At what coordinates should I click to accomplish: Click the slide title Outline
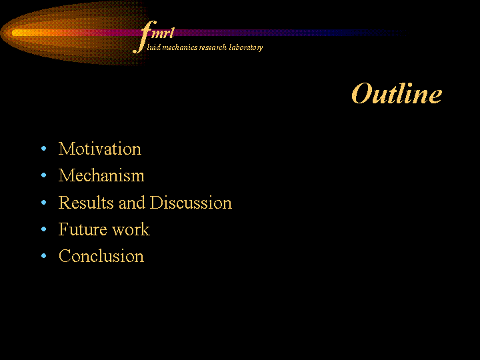click(397, 93)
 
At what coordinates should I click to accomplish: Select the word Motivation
click(100, 149)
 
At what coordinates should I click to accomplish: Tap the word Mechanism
click(101, 175)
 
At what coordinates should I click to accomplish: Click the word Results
click(86, 203)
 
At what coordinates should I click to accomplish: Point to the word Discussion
click(191, 203)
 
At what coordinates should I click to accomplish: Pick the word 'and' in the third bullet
click(131, 203)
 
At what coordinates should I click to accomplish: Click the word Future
click(83, 229)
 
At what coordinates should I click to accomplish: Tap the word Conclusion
click(101, 256)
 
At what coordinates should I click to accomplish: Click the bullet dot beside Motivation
click(43, 149)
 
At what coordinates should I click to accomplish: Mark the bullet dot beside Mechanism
click(43, 175)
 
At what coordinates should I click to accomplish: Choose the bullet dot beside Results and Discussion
click(43, 203)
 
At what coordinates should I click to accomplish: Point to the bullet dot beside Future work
click(43, 229)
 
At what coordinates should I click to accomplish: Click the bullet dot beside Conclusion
click(43, 255)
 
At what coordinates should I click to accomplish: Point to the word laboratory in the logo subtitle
click(246, 48)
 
